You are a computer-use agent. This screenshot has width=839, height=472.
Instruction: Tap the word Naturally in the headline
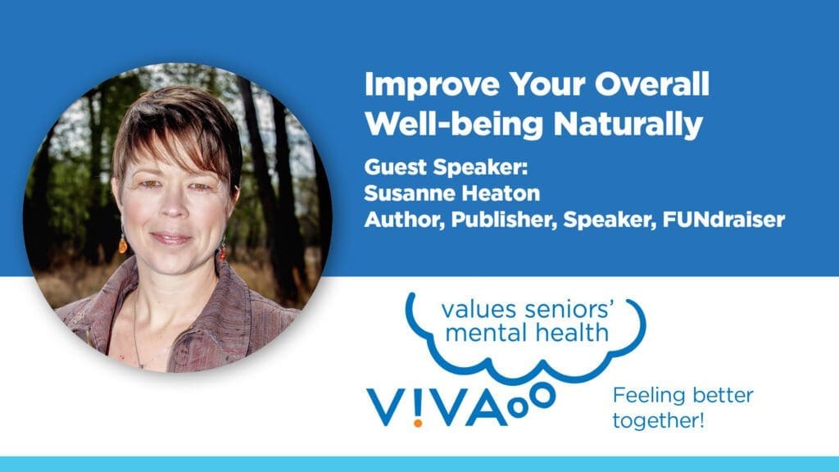click(x=628, y=125)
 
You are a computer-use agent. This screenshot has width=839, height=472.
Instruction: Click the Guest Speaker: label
click(x=446, y=167)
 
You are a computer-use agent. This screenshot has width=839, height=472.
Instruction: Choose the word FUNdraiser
click(x=723, y=219)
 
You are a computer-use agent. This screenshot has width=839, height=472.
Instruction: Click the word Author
click(x=405, y=220)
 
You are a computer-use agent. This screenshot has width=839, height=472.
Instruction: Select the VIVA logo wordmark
click(x=437, y=407)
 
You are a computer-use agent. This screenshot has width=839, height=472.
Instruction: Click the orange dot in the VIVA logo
click(x=418, y=423)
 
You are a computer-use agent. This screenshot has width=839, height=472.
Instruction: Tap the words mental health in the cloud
click(x=527, y=333)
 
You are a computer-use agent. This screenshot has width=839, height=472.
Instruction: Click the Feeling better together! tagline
click(x=683, y=408)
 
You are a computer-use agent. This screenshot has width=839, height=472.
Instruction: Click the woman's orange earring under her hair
click(x=123, y=243)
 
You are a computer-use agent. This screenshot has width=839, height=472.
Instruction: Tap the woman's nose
click(x=174, y=206)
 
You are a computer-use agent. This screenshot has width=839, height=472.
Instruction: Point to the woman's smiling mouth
click(x=171, y=237)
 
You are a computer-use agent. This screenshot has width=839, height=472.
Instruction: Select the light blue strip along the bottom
click(x=419, y=464)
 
